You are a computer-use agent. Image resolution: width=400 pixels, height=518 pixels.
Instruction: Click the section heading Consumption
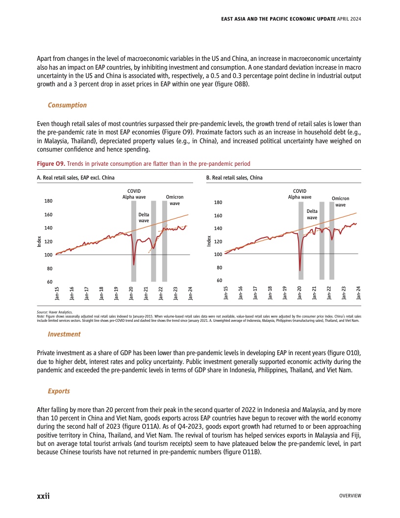67,105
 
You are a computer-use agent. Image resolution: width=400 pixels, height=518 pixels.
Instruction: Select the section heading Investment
64,334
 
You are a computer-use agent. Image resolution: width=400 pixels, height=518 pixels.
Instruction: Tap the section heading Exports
58,391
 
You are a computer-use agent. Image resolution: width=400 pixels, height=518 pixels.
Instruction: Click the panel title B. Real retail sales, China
234,178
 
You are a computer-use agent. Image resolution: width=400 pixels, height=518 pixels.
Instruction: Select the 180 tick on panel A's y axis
49,201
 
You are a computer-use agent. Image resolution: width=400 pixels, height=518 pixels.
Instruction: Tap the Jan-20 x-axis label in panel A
131,293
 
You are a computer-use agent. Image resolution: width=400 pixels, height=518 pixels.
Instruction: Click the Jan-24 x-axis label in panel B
359,293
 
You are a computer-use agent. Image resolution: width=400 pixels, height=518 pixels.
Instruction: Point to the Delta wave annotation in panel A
144,217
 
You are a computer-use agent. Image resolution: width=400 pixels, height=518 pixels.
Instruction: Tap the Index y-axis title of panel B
209,241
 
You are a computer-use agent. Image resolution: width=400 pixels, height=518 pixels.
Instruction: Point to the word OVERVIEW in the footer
350,496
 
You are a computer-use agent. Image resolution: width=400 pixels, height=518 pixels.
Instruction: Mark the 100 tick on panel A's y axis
49,255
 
